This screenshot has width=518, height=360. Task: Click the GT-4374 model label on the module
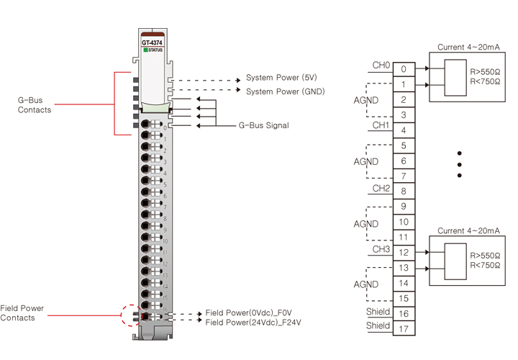point(151,42)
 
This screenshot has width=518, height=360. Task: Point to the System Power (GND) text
point(286,91)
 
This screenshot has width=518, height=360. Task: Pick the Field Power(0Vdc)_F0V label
point(248,313)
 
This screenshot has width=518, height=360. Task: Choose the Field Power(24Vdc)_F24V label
point(253,323)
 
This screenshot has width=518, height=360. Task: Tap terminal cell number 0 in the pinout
point(404,69)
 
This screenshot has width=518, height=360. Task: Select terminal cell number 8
point(404,192)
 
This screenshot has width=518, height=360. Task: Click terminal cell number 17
point(404,328)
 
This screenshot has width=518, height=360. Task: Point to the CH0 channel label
point(381,66)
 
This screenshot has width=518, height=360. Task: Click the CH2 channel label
point(381,188)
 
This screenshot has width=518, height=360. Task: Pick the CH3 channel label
point(381,249)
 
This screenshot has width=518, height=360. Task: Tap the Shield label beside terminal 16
point(378,312)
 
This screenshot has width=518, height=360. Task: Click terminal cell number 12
point(404,253)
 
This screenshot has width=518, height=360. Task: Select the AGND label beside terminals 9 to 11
point(365,223)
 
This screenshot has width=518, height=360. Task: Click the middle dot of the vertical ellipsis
point(458,164)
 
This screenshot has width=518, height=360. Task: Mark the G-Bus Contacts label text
point(34,104)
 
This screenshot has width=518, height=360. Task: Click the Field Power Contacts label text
point(22,312)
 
